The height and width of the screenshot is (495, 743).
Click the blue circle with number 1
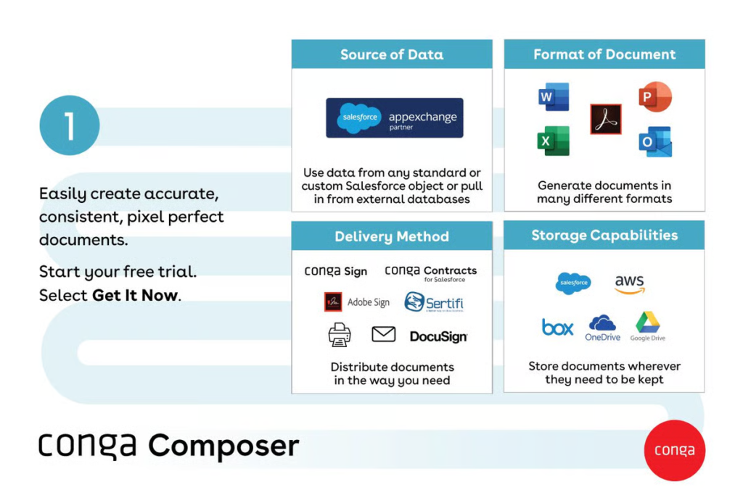(x=69, y=125)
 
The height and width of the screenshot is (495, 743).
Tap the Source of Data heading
(x=392, y=54)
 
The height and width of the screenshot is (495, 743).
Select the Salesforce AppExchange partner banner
(x=394, y=117)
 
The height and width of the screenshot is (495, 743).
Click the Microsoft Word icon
(x=554, y=97)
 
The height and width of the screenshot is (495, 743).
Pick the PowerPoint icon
(x=655, y=97)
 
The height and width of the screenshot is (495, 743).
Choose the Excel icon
(x=554, y=141)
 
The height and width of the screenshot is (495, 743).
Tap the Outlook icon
(x=655, y=141)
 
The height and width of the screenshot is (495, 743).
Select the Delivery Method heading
(x=392, y=236)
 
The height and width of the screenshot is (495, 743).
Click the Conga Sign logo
(x=335, y=271)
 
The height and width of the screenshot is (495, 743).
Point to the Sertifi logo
(x=434, y=302)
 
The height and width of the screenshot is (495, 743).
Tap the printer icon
(x=340, y=335)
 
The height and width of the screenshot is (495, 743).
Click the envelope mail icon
(x=383, y=334)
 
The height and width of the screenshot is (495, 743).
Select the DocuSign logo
(x=438, y=336)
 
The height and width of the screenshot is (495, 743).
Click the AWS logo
(x=629, y=284)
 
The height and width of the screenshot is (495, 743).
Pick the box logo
(x=557, y=328)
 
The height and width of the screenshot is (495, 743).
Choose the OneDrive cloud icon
(x=602, y=323)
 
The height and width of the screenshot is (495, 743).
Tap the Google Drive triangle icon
(x=646, y=323)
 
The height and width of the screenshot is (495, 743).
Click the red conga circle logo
(x=674, y=450)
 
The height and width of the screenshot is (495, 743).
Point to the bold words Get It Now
(x=134, y=295)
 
